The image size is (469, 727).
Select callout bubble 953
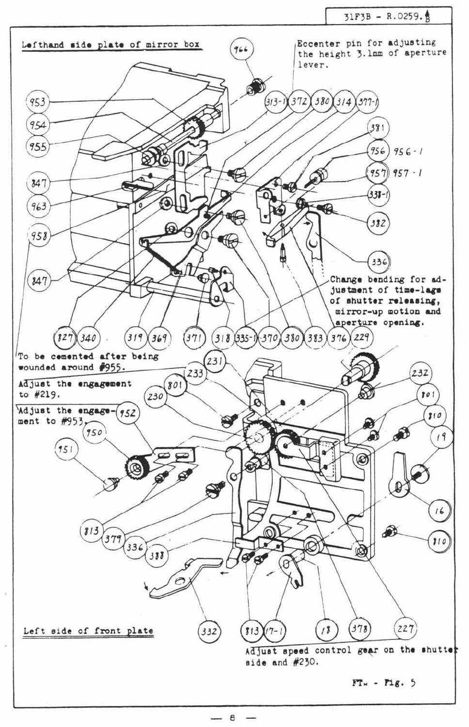point(37,102)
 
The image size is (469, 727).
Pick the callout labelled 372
point(300,102)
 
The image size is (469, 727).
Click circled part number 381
point(377,128)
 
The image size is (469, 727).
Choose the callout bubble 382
point(378,223)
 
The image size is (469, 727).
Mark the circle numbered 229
point(361,337)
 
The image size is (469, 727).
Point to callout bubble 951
point(65,449)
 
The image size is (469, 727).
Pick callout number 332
point(209,631)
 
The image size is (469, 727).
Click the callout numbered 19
point(441,438)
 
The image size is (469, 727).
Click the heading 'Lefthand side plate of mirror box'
point(111,45)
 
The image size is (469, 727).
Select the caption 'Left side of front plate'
point(88,631)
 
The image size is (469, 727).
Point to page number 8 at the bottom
point(233,717)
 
